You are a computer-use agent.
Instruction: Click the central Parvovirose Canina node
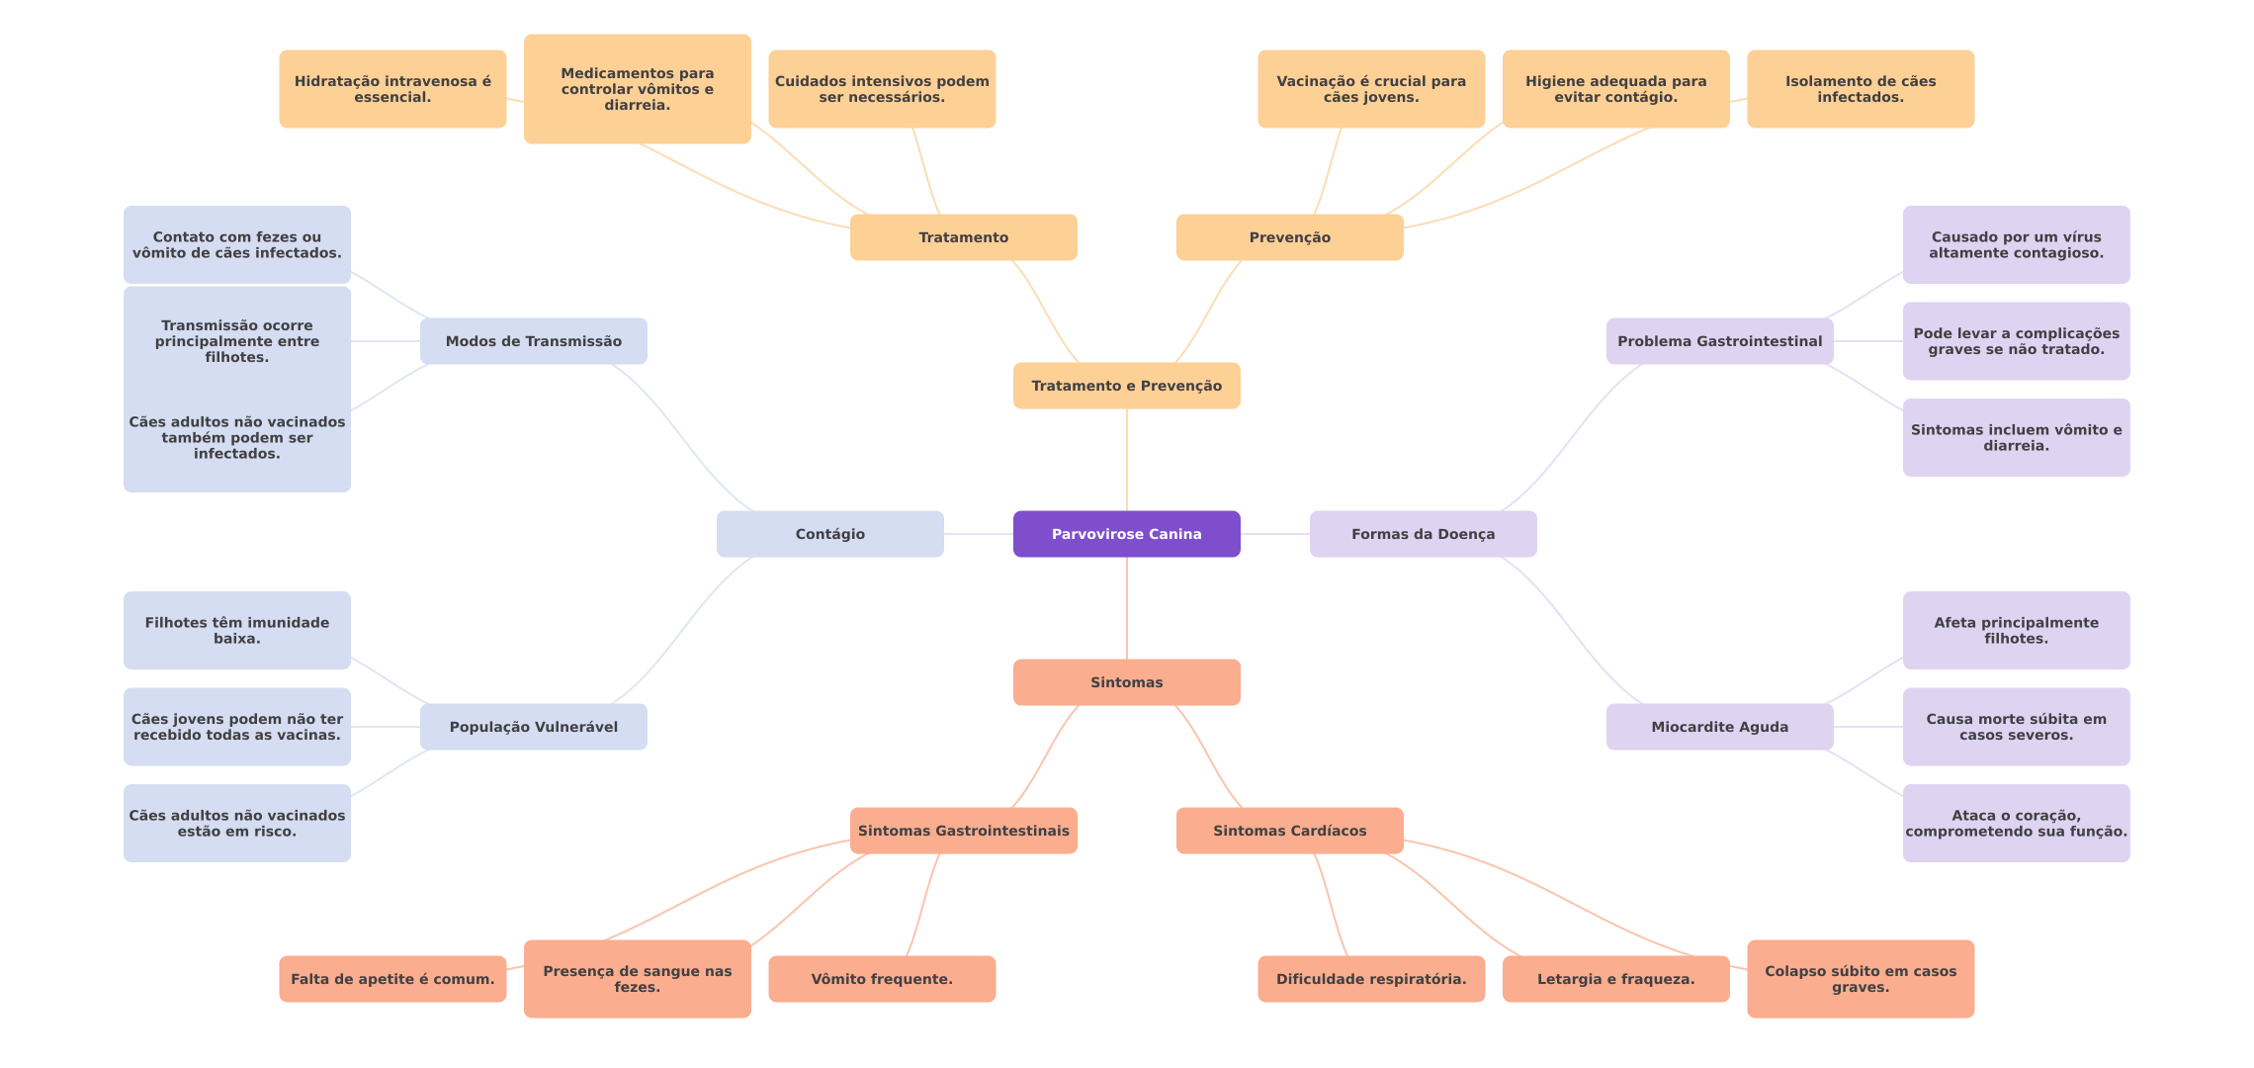coord(1126,534)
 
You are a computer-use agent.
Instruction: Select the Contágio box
coord(829,534)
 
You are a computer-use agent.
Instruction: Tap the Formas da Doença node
coord(1423,534)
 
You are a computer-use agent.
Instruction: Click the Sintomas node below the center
coord(1126,682)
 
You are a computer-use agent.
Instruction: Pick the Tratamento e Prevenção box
coord(1126,386)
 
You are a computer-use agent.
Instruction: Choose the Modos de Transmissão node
coord(533,341)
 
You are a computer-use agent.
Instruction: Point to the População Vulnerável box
coord(533,727)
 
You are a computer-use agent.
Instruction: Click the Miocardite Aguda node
coord(1719,727)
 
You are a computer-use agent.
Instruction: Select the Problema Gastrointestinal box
coord(1719,341)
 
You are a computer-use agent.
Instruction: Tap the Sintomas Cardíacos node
coord(1289,831)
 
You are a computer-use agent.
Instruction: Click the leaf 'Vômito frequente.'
coord(882,979)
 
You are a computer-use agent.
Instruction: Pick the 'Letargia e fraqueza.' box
coord(1615,979)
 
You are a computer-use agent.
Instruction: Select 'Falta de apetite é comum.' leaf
coord(392,979)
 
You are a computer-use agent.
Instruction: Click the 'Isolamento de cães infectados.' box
coord(1860,89)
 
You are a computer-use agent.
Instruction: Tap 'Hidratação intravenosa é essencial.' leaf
coord(392,89)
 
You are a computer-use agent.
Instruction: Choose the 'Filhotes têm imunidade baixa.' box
coord(236,630)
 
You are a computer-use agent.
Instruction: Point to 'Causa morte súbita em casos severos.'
coord(2016,727)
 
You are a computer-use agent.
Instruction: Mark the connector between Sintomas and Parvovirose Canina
coord(1127,608)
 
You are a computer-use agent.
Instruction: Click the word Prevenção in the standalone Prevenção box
coord(1289,237)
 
